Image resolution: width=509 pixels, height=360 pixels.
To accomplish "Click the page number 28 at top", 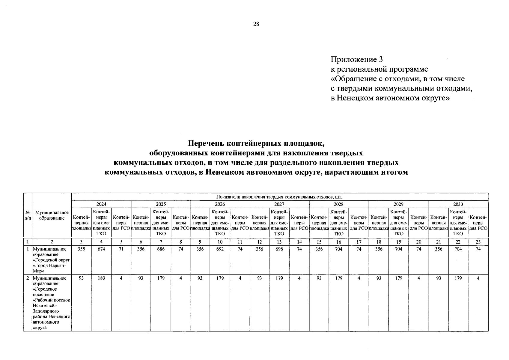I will click(x=256, y=24).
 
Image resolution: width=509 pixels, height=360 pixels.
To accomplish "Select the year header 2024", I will click(x=101, y=204).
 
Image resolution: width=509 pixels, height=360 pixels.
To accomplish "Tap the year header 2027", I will click(x=279, y=204).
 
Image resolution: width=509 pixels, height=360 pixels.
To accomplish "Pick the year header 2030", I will click(x=458, y=204).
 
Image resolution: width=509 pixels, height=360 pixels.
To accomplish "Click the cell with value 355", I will click(x=81, y=249).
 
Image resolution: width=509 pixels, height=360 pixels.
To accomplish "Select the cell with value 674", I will click(x=101, y=249).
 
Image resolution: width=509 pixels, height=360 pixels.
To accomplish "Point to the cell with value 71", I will click(x=121, y=249).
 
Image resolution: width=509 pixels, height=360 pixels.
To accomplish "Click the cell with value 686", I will click(x=161, y=249).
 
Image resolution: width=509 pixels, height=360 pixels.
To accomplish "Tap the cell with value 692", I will click(x=220, y=249).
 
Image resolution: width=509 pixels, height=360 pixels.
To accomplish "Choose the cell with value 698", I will click(x=279, y=249).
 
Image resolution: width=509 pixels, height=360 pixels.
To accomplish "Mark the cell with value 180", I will click(x=101, y=278).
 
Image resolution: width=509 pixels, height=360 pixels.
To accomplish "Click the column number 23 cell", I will click(x=478, y=242).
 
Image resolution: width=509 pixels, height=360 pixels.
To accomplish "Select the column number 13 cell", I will click(x=279, y=242).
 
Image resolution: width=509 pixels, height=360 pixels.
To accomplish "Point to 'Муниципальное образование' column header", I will click(x=52, y=215).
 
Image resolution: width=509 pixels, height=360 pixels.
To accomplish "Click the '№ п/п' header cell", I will click(x=28, y=215).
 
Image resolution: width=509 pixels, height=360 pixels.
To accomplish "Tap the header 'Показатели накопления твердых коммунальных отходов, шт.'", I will click(x=279, y=197).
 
